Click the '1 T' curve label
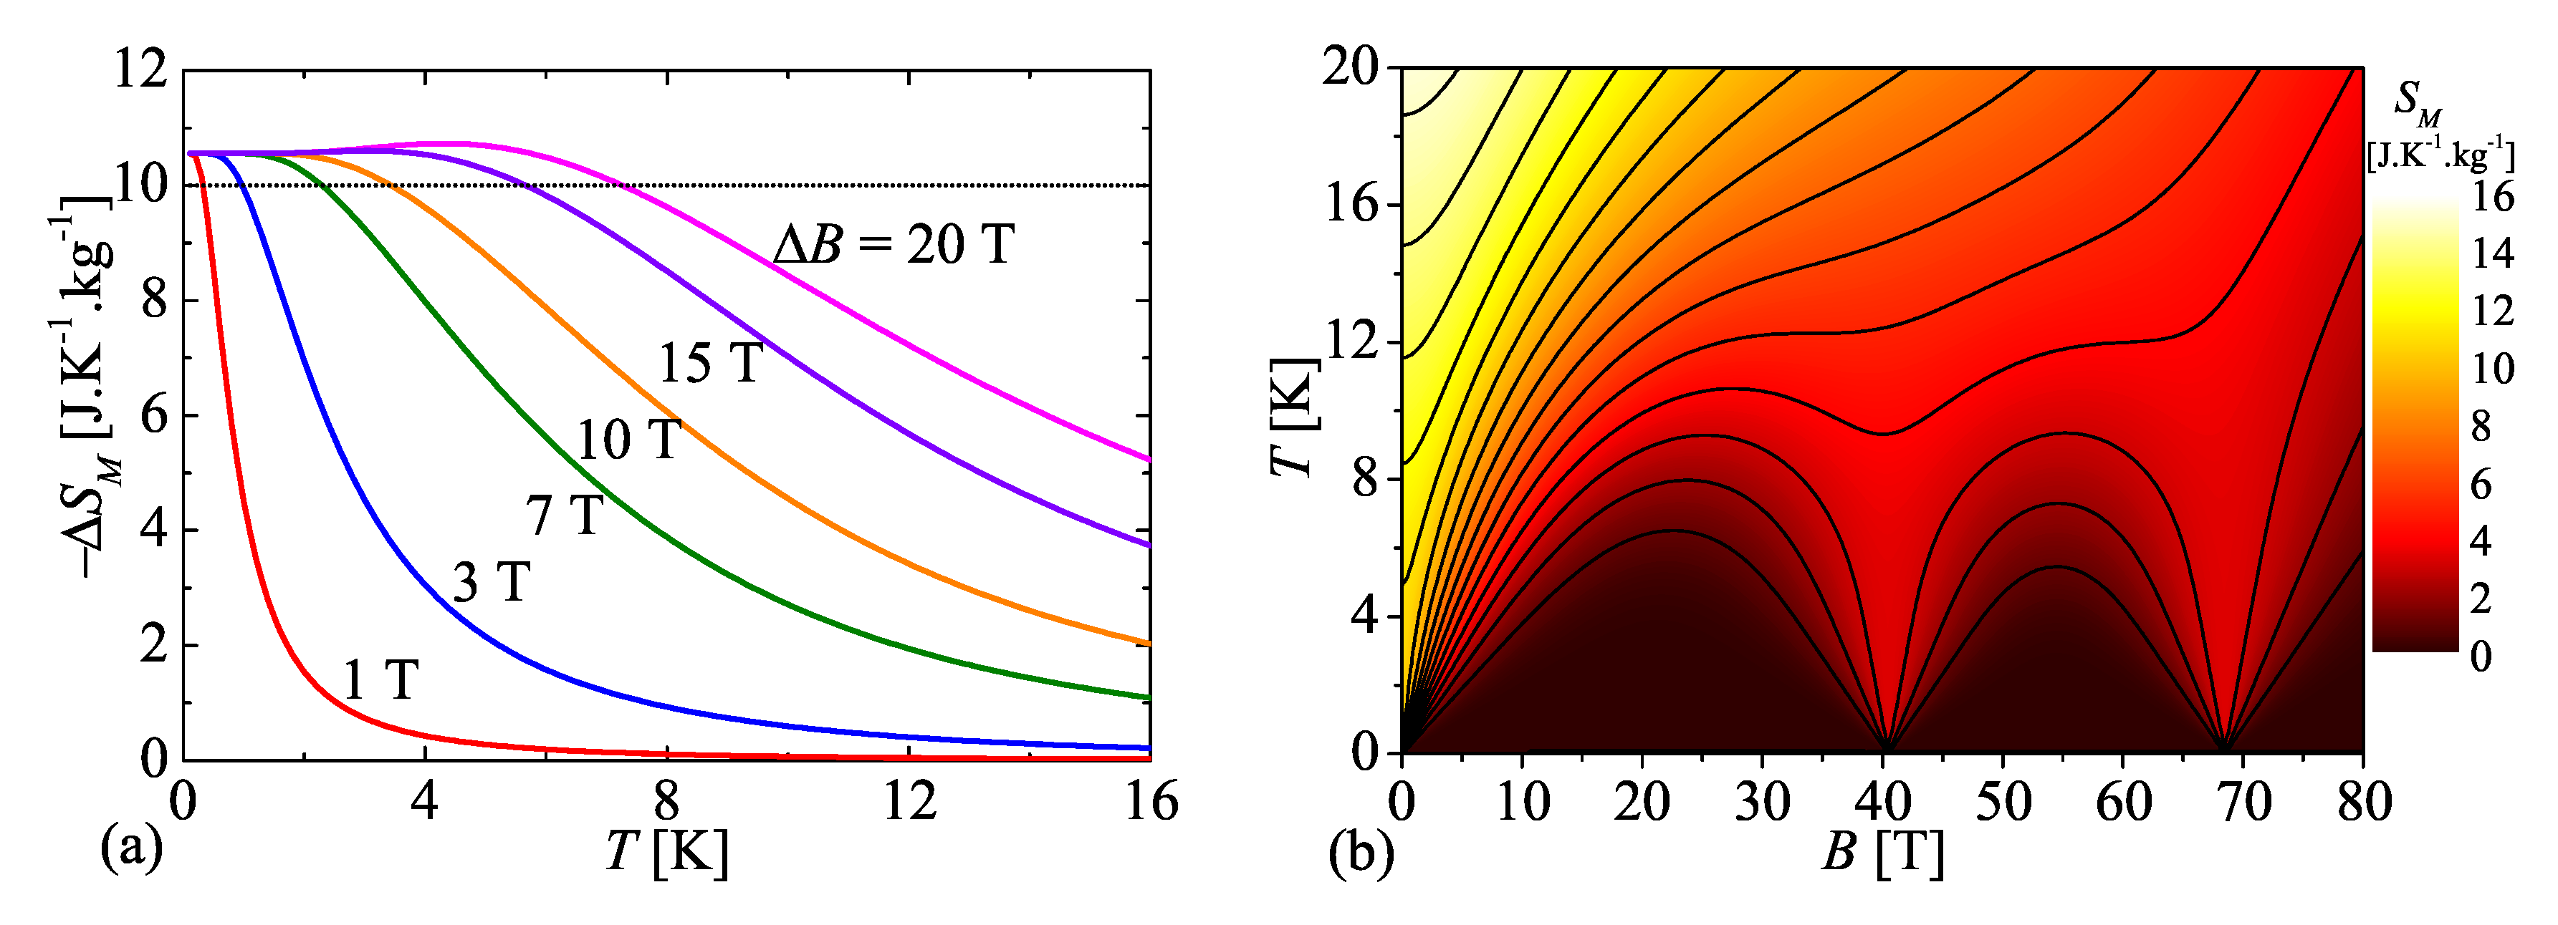(x=380, y=681)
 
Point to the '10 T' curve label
(x=628, y=440)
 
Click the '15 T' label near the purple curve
(x=711, y=363)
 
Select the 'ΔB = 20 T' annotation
(x=894, y=244)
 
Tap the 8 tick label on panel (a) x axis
(x=666, y=800)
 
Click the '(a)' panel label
(x=131, y=851)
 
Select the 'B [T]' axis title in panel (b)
(x=1882, y=853)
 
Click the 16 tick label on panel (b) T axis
(x=1353, y=205)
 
